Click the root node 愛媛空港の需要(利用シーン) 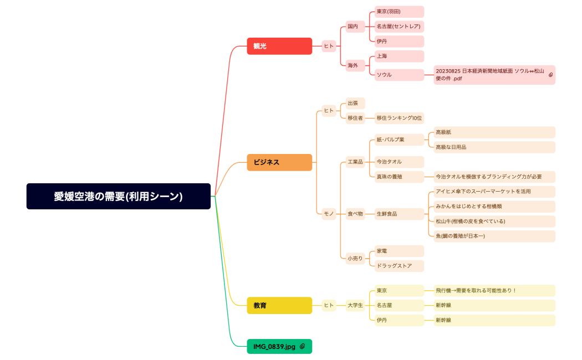pos(118,196)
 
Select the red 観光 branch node pos(279,46)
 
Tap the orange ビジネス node pos(279,162)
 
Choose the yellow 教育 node pos(279,305)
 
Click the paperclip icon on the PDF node pos(550,75)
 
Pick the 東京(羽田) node pos(399,12)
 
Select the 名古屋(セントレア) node pos(399,26)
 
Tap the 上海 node pos(399,56)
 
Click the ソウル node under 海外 pos(399,75)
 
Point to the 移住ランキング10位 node pos(399,117)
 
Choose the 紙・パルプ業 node pos(399,139)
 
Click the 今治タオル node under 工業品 pos(399,162)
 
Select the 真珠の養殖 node pos(399,177)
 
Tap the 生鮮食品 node pos(399,214)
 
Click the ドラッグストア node pos(399,266)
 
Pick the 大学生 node pos(355,305)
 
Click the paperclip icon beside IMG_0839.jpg pos(303,346)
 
